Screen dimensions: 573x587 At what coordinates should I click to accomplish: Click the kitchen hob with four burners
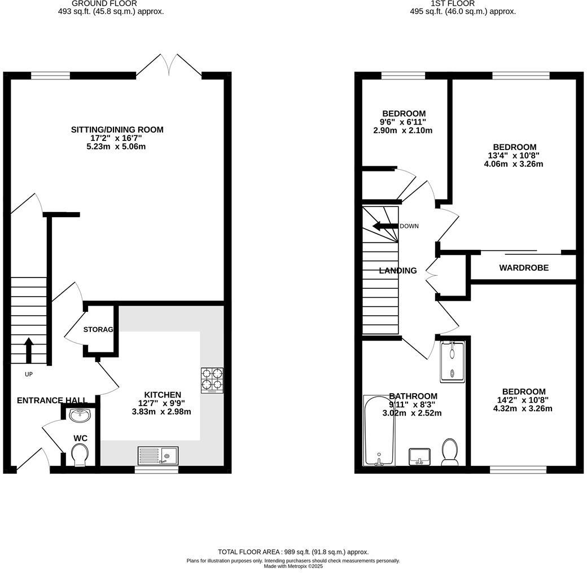coord(212,380)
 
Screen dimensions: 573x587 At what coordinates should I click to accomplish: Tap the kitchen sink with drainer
coord(158,455)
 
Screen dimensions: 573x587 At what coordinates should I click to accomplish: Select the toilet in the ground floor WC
coord(79,455)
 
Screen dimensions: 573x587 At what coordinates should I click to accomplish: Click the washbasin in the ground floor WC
coord(79,415)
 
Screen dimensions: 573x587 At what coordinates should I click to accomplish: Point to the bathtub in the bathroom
coord(379,431)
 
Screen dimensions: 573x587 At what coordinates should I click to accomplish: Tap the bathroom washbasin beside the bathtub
coord(419,456)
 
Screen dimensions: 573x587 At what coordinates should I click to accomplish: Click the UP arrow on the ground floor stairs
coord(28,349)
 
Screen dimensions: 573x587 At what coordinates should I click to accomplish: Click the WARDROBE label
coord(523,268)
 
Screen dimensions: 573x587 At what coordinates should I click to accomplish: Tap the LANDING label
coord(398,271)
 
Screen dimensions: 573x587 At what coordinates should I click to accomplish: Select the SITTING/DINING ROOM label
coord(117,130)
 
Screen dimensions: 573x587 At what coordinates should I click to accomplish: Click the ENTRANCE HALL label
coord(52,400)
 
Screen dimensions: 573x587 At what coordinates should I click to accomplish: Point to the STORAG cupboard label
coord(98,329)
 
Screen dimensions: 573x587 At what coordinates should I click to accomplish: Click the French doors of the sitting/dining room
coord(169,65)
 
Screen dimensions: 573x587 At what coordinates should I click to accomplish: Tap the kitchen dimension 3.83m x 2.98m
coord(161,412)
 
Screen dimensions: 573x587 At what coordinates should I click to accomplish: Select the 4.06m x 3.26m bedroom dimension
coord(513,164)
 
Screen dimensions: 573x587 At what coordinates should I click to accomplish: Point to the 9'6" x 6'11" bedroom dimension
coord(404,122)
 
